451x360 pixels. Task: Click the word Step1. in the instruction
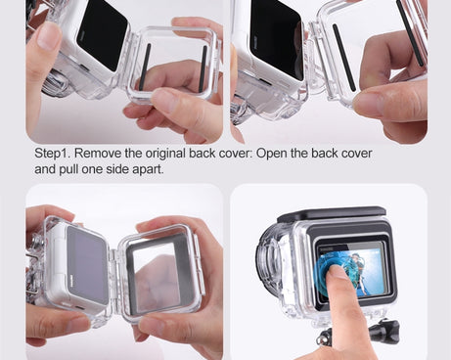[x=53, y=155]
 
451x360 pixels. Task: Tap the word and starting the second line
[x=46, y=169]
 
